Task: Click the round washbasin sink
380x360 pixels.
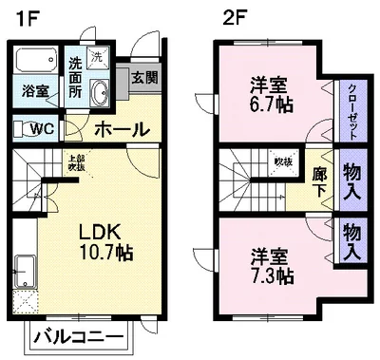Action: point(99,91)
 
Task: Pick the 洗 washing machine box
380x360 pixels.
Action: point(97,56)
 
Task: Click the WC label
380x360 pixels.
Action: point(40,128)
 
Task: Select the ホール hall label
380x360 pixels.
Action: point(122,128)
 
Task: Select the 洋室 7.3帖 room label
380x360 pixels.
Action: point(272,266)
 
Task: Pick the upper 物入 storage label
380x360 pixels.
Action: point(351,180)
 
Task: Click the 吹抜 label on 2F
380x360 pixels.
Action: point(283,161)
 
